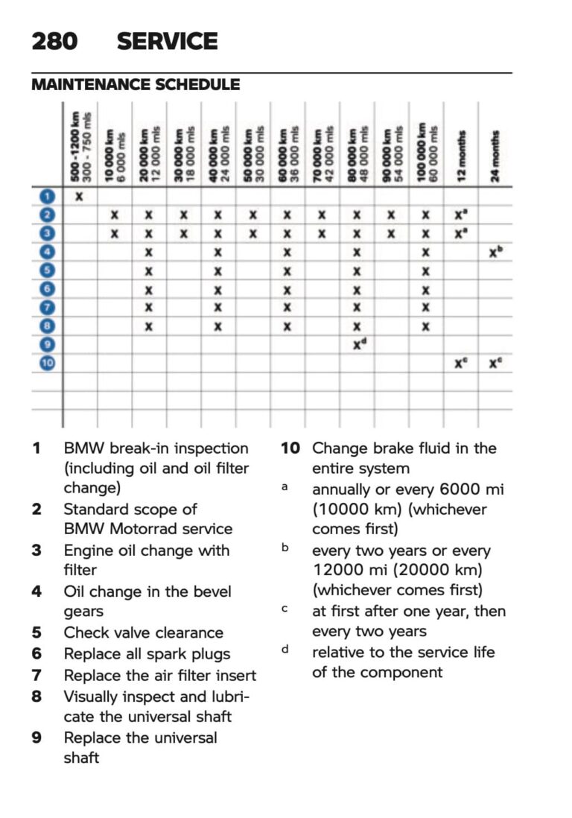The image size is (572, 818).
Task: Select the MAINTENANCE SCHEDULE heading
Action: (136, 85)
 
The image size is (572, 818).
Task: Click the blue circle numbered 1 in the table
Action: (47, 197)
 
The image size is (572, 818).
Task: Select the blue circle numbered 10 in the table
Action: (47, 364)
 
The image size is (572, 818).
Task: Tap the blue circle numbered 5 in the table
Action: (47, 270)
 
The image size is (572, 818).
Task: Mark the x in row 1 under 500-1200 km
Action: (79, 197)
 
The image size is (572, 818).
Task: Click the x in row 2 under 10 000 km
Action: (114, 215)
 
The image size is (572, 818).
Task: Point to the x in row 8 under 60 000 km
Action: (287, 326)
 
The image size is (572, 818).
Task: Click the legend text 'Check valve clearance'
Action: (143, 632)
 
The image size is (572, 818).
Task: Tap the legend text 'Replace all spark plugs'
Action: (147, 654)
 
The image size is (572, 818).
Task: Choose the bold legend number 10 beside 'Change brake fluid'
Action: (290, 448)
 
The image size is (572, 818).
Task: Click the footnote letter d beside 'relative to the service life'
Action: (285, 650)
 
